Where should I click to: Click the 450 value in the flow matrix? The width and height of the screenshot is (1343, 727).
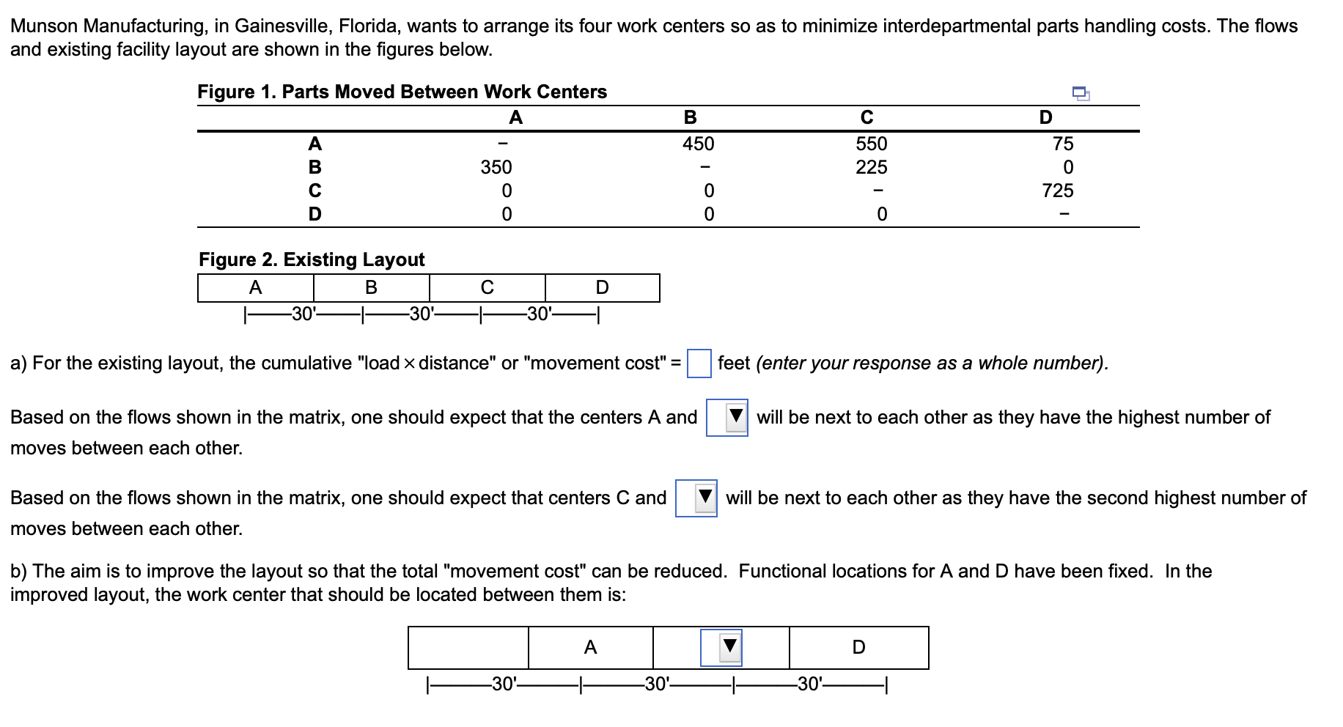(698, 144)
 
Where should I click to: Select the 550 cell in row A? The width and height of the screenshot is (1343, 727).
(871, 144)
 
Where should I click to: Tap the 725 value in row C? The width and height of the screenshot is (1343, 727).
(1057, 191)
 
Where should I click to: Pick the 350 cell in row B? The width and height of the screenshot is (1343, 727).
(496, 167)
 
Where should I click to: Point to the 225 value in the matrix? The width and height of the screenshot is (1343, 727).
(871, 167)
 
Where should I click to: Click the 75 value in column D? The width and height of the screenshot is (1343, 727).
(1062, 144)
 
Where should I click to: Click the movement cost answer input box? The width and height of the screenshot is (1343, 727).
(699, 363)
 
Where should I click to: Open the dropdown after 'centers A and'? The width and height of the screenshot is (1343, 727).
(726, 418)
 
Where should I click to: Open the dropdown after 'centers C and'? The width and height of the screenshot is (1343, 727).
(696, 498)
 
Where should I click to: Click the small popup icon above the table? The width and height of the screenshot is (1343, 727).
(1081, 93)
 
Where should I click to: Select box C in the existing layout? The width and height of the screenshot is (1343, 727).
(487, 288)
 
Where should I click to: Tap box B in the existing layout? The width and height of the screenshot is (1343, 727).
(371, 288)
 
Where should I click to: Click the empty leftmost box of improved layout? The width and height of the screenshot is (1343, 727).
(468, 648)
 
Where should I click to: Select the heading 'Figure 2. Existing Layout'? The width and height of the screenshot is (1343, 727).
(312, 259)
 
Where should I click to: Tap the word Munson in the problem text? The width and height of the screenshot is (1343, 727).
(44, 26)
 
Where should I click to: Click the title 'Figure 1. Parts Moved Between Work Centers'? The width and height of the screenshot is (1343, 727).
(402, 92)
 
